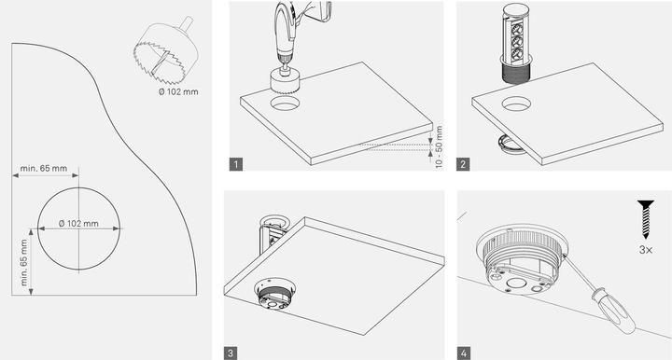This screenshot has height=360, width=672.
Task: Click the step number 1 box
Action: pyautogui.click(x=235, y=165)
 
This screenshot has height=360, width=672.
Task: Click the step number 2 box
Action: pyautogui.click(x=463, y=165)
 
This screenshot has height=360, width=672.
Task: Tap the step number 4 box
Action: pyautogui.click(x=463, y=353)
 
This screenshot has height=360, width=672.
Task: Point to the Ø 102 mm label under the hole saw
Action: pyautogui.click(x=178, y=91)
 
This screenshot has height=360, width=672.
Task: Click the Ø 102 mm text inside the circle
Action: pyautogui.click(x=78, y=224)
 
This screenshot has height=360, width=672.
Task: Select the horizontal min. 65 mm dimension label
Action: pyautogui.click(x=43, y=169)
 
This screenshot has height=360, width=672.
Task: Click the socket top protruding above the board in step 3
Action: pyautogui.click(x=272, y=224)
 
